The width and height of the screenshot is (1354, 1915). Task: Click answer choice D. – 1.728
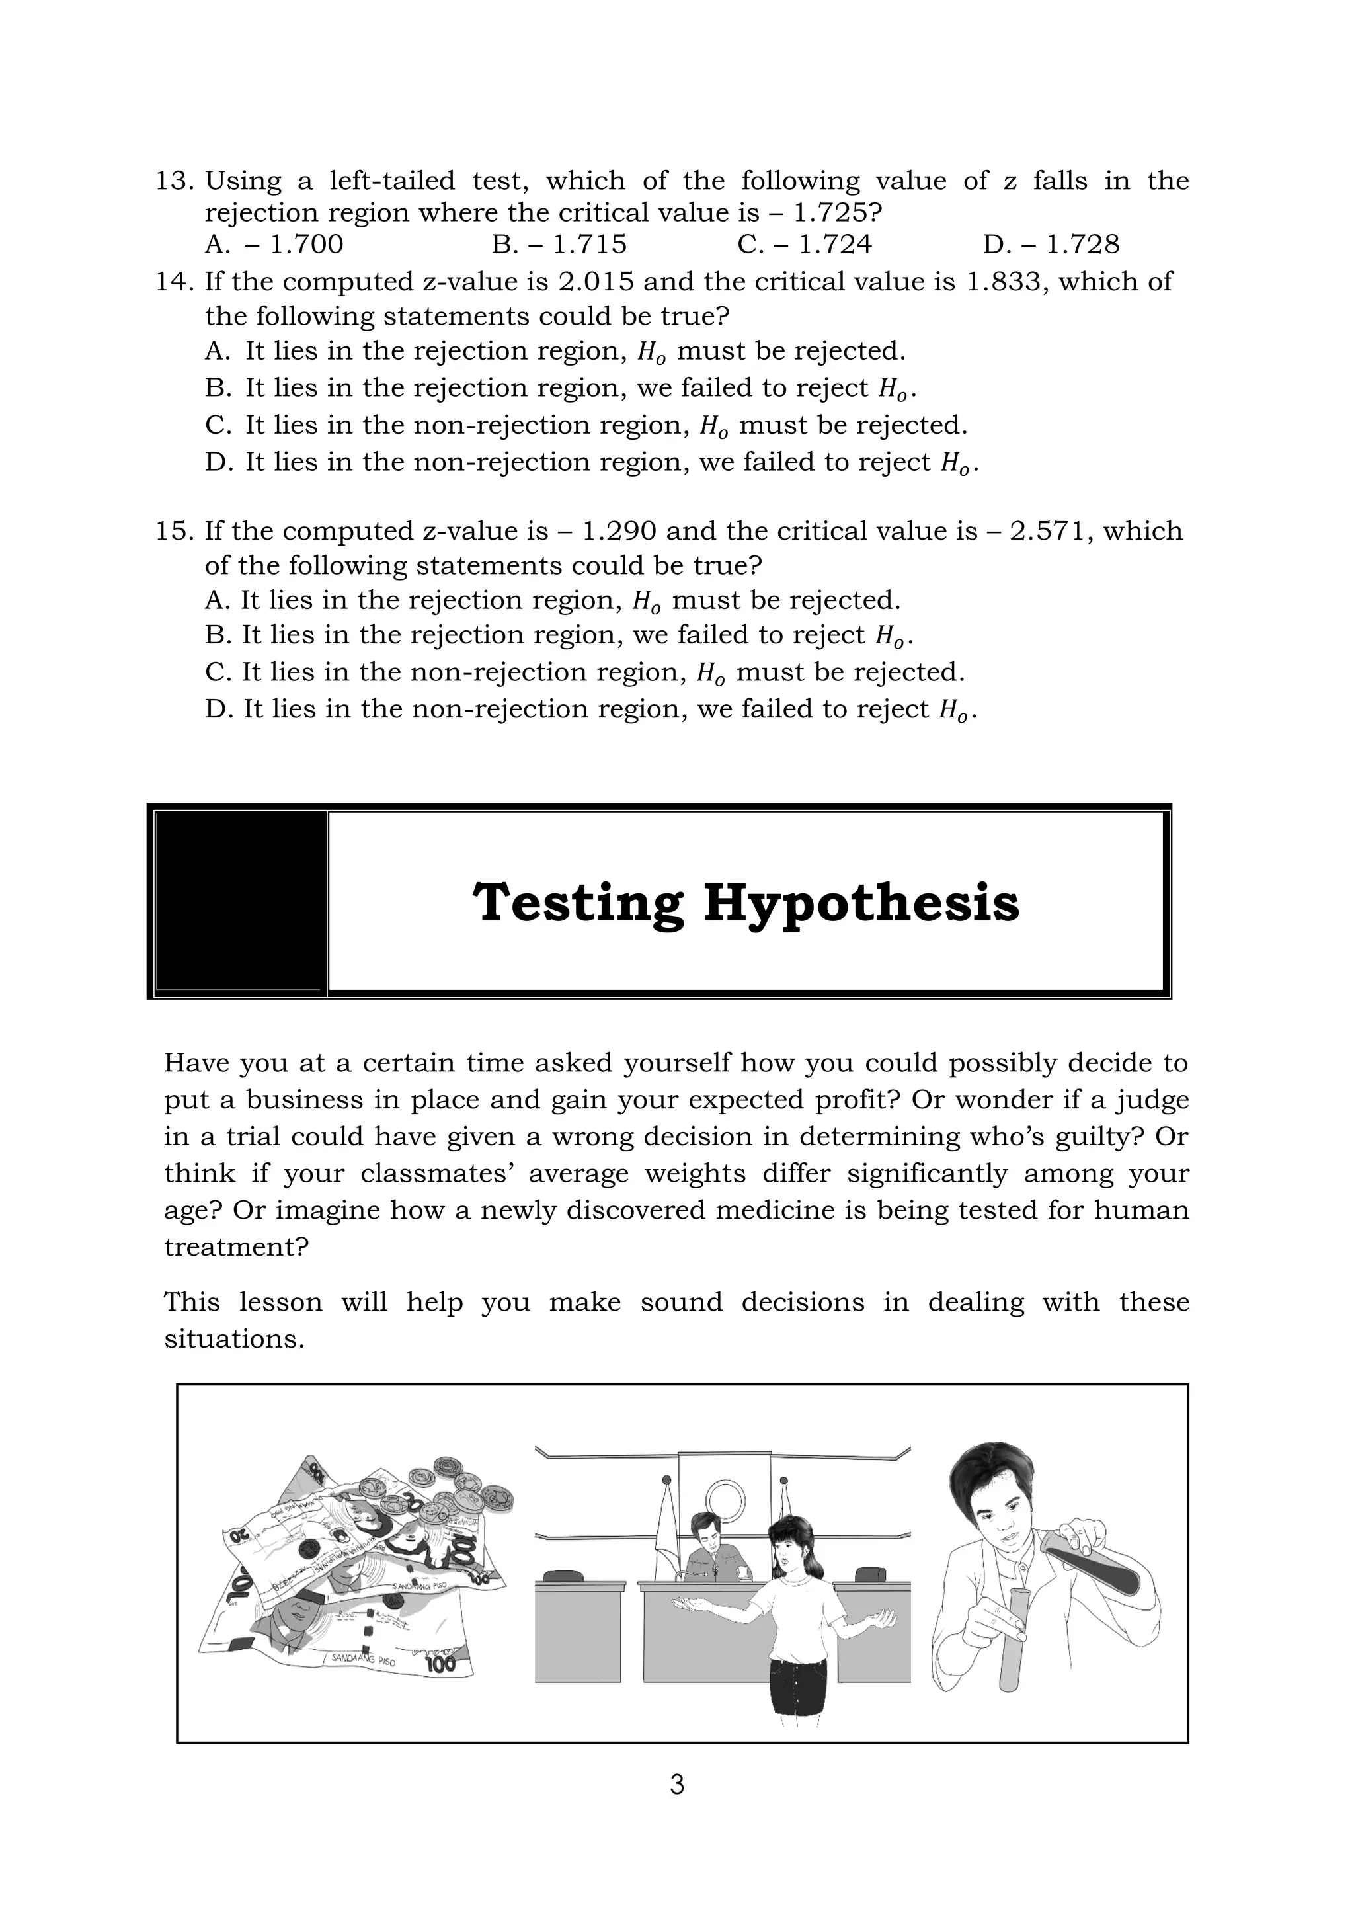point(1051,245)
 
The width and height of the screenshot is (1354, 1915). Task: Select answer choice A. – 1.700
point(274,245)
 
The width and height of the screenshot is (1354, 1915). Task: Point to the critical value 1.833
point(1004,281)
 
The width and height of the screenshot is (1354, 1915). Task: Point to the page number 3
point(677,1785)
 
